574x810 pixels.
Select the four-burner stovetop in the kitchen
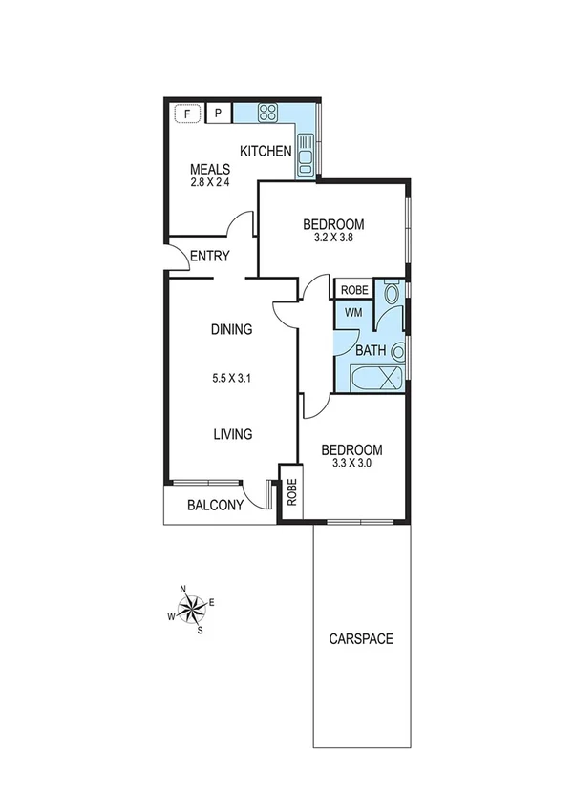point(267,114)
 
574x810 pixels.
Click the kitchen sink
point(306,154)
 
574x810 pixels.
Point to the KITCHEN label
point(265,151)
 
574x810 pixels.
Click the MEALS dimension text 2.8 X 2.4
point(209,183)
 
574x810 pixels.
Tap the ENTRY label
point(209,256)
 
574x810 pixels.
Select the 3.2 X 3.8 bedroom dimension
point(333,240)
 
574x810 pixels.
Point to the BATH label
point(370,350)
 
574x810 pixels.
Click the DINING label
point(231,330)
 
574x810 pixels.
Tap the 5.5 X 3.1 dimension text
point(231,376)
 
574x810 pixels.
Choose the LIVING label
point(232,434)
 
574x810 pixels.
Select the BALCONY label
point(215,506)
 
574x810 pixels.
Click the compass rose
point(191,608)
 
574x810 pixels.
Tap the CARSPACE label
point(360,638)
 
